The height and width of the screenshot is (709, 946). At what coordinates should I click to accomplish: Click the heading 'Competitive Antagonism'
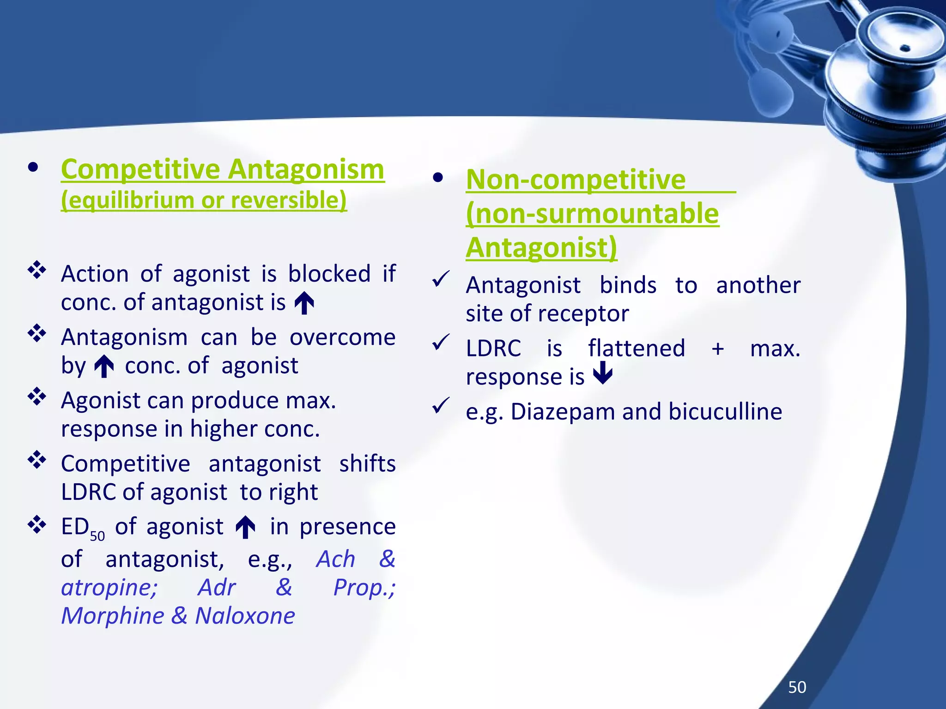(x=222, y=169)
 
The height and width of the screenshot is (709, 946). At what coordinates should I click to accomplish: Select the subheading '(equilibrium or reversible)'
(x=204, y=200)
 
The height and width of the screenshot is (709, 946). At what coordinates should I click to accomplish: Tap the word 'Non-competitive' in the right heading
(x=576, y=179)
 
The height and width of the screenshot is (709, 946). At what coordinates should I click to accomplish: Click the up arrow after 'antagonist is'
(x=304, y=303)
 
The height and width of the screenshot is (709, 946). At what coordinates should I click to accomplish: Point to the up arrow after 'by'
(x=104, y=366)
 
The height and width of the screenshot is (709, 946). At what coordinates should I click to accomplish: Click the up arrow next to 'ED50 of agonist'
(x=245, y=527)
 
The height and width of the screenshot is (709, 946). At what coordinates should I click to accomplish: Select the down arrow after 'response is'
(x=603, y=373)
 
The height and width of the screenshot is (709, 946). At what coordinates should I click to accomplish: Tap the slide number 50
(x=797, y=687)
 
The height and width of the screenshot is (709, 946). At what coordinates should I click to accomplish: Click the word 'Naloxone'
(x=245, y=616)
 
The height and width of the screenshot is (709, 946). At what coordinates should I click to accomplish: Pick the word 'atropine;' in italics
(x=109, y=588)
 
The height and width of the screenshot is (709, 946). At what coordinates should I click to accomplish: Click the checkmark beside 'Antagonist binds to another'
(x=441, y=279)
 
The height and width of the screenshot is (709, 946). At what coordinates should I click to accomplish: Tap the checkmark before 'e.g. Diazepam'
(x=441, y=405)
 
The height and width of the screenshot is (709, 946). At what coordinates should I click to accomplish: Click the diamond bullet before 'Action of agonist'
(x=37, y=270)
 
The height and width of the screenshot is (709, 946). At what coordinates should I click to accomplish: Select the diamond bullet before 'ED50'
(x=37, y=524)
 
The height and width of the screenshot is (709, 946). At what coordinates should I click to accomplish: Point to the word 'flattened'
(x=636, y=348)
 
